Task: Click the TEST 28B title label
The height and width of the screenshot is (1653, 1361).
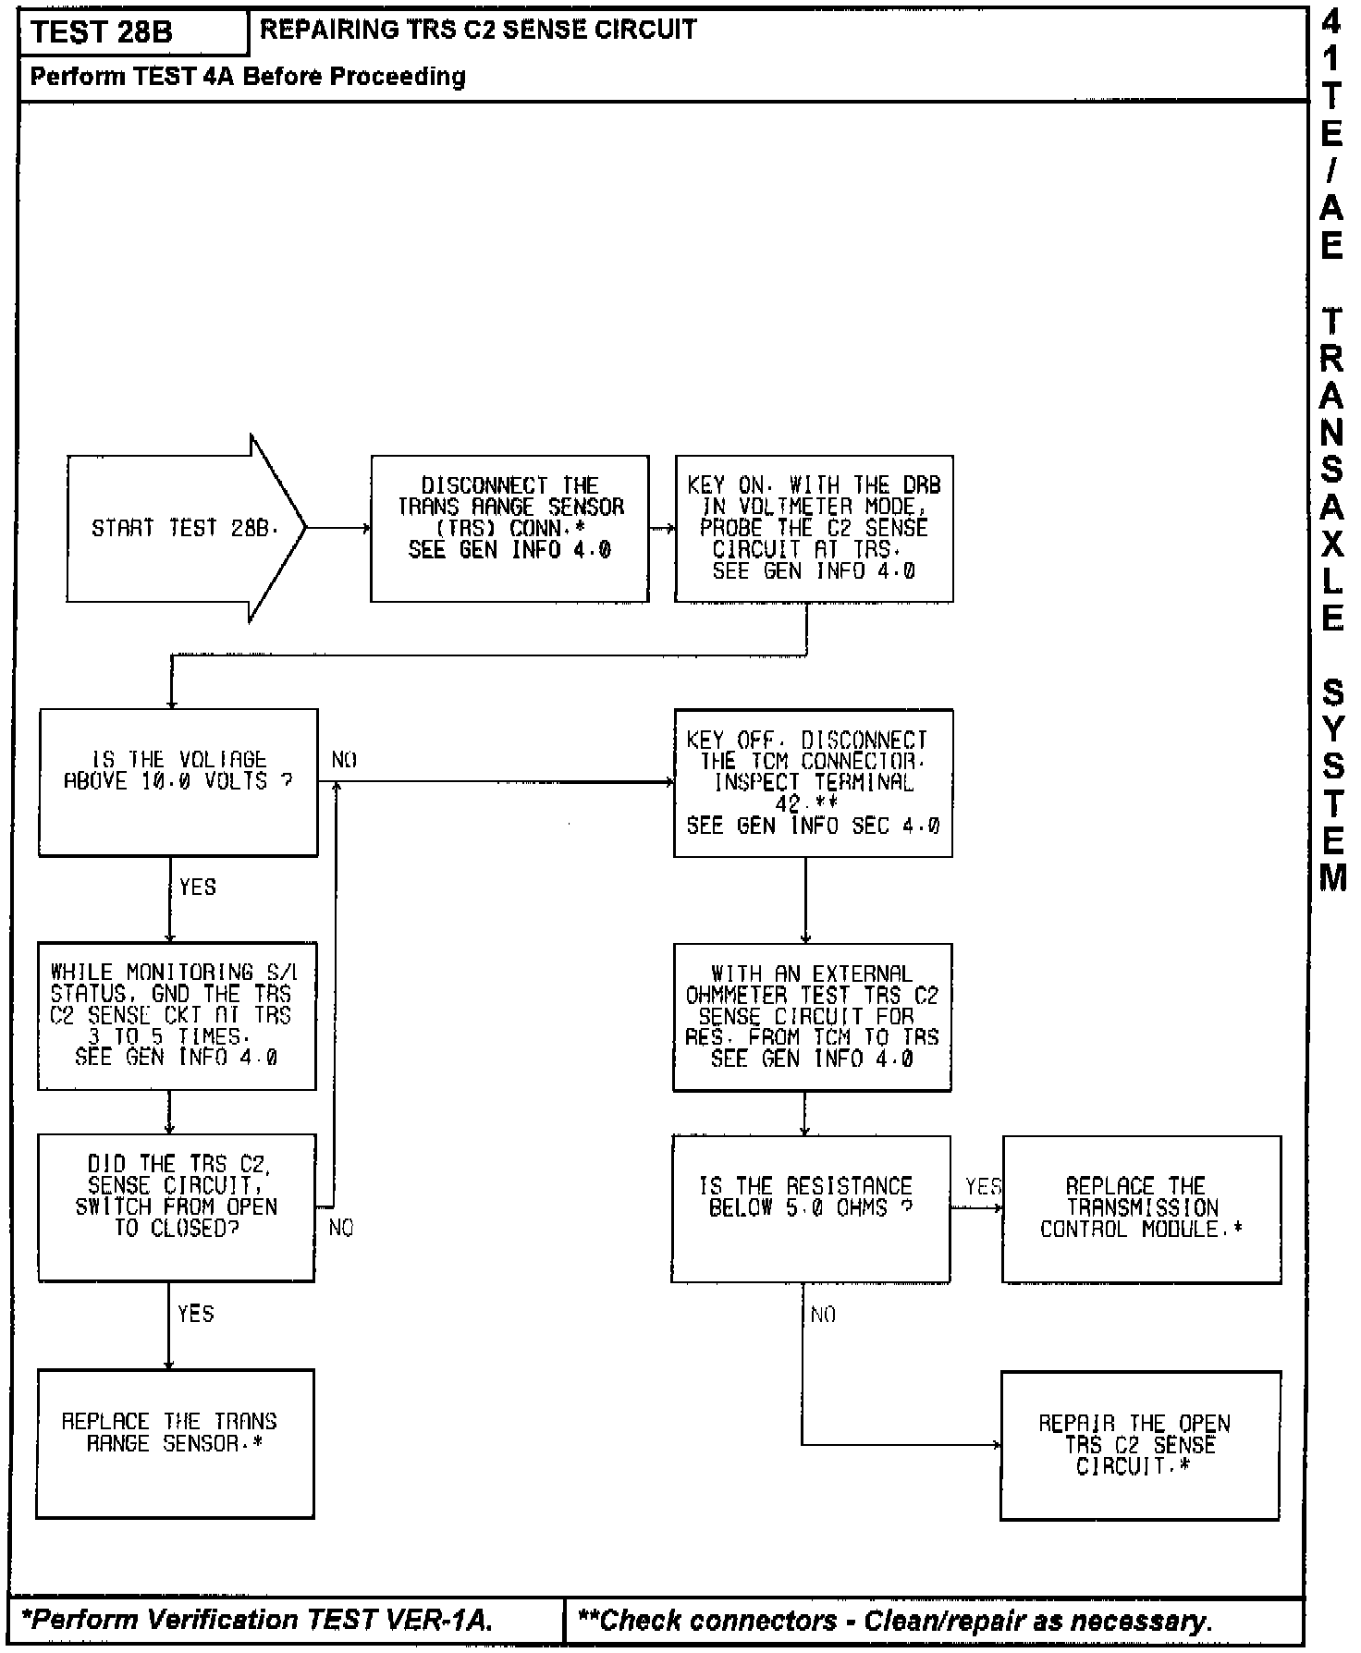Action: pos(102,32)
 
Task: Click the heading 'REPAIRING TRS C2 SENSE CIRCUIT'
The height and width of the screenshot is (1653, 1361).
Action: pos(478,31)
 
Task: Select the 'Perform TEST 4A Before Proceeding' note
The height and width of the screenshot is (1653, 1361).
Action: pos(248,77)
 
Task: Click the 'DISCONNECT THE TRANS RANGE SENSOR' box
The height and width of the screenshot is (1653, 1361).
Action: pos(509,528)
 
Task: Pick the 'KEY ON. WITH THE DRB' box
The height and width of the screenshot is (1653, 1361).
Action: pos(814,528)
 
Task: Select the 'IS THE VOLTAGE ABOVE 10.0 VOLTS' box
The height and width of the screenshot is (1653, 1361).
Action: pos(178,782)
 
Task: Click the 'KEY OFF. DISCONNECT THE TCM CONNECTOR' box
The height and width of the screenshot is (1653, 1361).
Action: pos(813,782)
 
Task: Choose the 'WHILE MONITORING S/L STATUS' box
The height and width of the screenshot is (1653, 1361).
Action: pos(177,1015)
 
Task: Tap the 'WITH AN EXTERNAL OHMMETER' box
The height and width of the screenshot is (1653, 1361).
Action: pos(812,1016)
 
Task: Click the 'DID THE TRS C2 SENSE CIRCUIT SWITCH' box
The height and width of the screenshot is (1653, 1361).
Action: pos(176,1206)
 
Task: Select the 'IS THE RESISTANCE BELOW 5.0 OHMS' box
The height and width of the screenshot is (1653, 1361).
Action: pos(810,1207)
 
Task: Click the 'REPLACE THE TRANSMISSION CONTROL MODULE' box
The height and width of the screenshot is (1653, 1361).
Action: pos(1141,1207)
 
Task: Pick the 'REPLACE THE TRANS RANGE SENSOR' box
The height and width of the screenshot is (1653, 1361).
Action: pos(175,1442)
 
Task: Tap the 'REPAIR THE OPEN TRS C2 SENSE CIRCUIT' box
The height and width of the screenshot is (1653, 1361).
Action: pos(1140,1444)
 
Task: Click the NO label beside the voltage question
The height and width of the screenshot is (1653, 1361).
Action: pos(344,760)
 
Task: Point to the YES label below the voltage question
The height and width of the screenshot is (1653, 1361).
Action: pos(197,888)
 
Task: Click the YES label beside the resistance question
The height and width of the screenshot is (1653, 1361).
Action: pos(982,1185)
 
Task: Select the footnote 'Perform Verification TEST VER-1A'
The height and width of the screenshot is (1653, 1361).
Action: pos(258,1620)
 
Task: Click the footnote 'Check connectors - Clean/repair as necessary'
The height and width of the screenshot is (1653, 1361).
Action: pos(894,1620)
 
